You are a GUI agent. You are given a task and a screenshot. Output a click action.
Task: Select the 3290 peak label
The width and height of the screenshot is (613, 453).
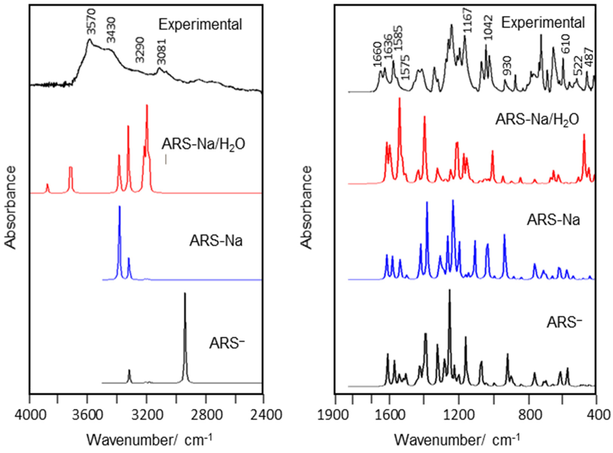140,53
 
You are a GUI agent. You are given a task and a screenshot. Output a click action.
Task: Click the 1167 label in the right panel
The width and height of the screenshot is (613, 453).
467,21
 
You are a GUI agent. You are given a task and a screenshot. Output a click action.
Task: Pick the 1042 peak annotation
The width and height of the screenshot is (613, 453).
488,28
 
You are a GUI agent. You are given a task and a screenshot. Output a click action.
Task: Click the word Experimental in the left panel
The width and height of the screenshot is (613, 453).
200,25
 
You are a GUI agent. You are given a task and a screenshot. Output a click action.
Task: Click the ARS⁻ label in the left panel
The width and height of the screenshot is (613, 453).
227,343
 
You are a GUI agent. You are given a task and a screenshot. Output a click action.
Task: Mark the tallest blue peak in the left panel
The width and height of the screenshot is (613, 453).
119,207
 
